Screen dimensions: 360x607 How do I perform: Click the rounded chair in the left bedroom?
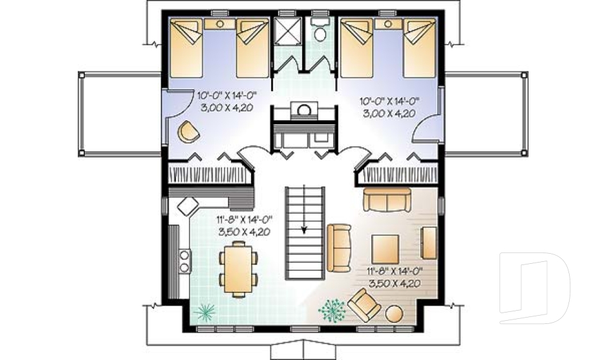pos(188,131)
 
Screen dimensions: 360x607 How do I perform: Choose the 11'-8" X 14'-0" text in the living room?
pos(395,272)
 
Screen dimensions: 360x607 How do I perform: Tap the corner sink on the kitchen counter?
pos(188,204)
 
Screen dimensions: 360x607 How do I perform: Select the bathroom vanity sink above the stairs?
pos(303,111)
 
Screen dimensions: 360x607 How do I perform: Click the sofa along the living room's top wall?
pos(387,201)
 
